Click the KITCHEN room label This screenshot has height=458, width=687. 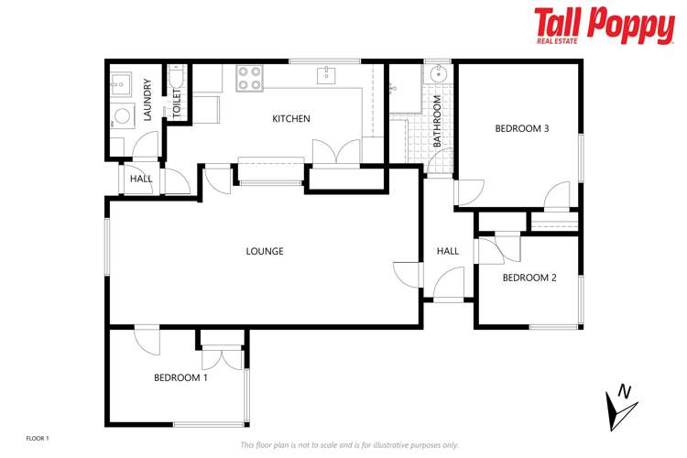(x=291, y=119)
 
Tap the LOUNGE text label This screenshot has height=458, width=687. (x=265, y=251)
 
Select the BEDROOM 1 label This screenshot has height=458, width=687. (x=180, y=377)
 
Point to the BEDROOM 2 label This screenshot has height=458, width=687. (x=529, y=278)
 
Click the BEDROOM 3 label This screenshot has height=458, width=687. (x=521, y=129)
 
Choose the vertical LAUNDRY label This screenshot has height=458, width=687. (x=147, y=100)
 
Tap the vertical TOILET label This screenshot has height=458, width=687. (x=177, y=104)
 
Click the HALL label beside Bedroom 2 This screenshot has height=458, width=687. (x=448, y=251)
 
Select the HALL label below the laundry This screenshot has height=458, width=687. (x=141, y=179)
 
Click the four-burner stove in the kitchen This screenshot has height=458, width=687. (x=249, y=78)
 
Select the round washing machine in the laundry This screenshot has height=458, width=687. (x=121, y=117)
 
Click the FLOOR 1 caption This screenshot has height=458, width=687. (x=38, y=439)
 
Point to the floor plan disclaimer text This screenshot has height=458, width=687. (x=349, y=445)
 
